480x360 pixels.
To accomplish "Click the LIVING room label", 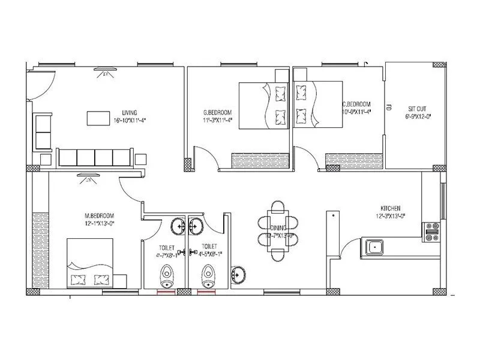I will tap(129, 113).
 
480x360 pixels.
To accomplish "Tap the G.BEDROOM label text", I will tap(217, 113).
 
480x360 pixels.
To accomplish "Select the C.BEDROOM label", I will tap(356, 104).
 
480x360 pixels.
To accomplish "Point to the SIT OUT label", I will tap(417, 109).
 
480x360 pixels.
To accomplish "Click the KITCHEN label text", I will tap(390, 207).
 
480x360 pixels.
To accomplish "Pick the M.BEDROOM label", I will tap(99, 215).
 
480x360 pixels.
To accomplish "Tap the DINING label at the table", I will tap(278, 228).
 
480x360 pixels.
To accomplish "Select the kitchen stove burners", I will tap(432, 231).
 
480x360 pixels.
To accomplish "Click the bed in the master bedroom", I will tap(89, 262).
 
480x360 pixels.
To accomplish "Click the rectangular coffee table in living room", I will tap(98, 118).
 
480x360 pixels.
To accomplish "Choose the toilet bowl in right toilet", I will tap(208, 277).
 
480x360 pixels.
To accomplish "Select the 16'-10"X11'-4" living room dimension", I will tap(130, 120).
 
